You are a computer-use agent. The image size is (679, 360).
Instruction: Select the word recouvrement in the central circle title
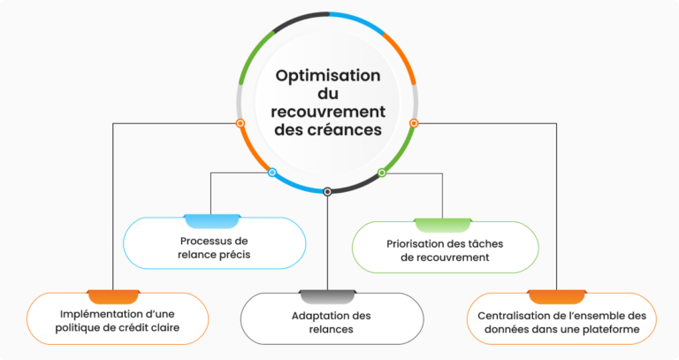[327, 111]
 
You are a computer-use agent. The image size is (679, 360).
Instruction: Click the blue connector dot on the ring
[272, 172]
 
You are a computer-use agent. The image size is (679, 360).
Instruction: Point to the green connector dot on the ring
[382, 172]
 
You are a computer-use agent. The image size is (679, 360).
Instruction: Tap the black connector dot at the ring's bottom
[327, 191]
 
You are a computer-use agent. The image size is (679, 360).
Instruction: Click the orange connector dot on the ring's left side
[240, 123]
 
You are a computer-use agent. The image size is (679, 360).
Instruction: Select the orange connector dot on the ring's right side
[414, 123]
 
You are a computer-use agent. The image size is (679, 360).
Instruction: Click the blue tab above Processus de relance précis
[212, 220]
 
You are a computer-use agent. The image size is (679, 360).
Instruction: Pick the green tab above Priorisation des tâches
[443, 224]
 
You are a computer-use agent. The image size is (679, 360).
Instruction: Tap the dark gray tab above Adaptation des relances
[327, 295]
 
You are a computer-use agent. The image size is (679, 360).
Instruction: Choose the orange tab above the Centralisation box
[556, 295]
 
